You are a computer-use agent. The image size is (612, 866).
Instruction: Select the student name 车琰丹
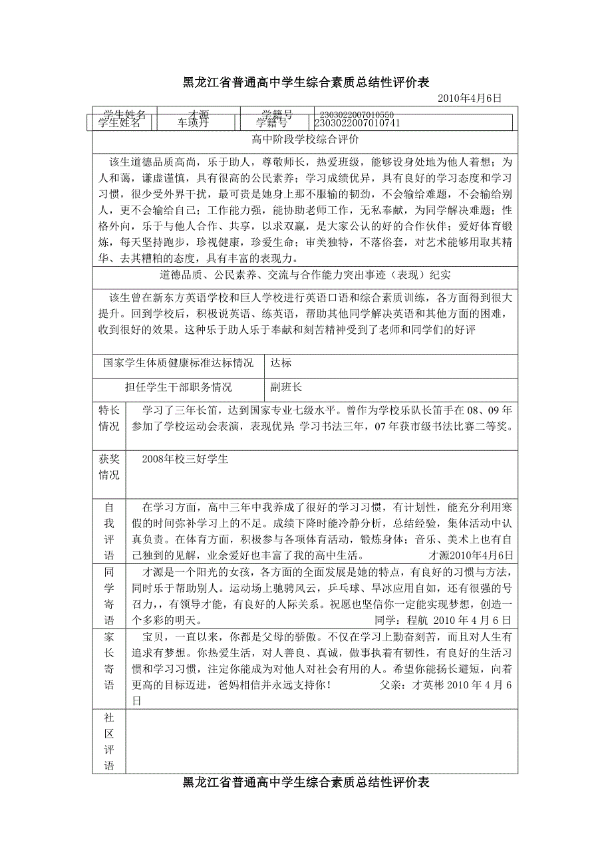pyautogui.click(x=193, y=123)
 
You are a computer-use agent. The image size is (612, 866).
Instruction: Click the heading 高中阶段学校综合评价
pyautogui.click(x=305, y=140)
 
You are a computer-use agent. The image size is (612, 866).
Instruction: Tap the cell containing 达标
pyautogui.click(x=281, y=364)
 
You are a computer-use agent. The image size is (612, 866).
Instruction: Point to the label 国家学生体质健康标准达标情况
pyautogui.click(x=178, y=364)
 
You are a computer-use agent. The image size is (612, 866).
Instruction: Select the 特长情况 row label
pyautogui.click(x=109, y=418)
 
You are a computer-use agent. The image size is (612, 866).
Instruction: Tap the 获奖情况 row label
pyautogui.click(x=109, y=467)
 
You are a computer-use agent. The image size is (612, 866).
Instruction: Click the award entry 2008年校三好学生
pyautogui.click(x=185, y=460)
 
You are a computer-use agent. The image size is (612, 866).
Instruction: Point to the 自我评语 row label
pyautogui.click(x=109, y=531)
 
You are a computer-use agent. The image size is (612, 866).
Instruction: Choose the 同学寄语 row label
pyautogui.click(x=109, y=596)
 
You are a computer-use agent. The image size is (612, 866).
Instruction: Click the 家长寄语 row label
pyautogui.click(x=109, y=660)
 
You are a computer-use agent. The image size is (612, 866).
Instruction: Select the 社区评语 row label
pyautogui.click(x=109, y=742)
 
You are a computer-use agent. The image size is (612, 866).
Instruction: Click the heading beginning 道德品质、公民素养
pyautogui.click(x=305, y=275)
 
